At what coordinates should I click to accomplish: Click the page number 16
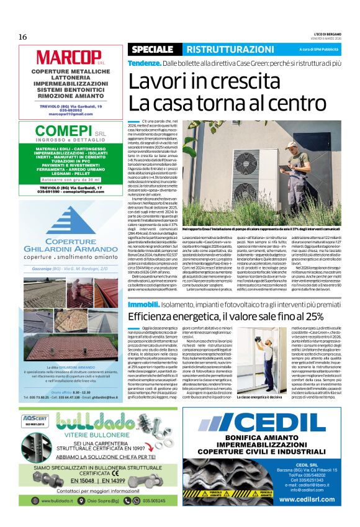[x=22, y=37]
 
